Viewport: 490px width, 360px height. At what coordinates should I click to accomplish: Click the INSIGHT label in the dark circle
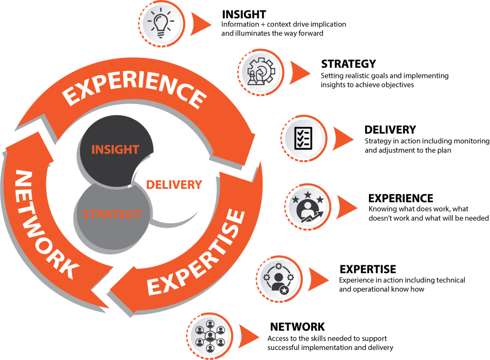point(115,149)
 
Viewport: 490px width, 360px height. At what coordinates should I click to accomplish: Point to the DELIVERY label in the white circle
point(174,185)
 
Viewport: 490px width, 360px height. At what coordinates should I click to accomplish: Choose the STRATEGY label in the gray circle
point(112,214)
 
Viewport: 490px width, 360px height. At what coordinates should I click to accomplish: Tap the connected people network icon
point(210,334)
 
